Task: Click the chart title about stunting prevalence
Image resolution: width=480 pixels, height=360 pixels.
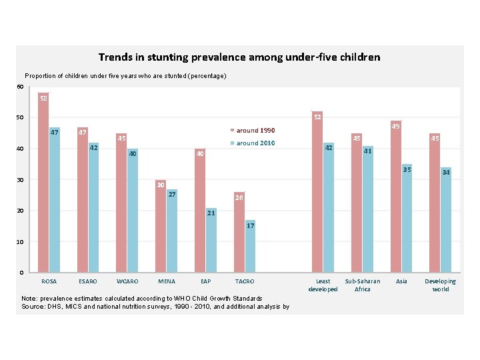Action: pyautogui.click(x=239, y=57)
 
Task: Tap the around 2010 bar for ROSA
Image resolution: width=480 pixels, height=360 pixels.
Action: pyautogui.click(x=55, y=199)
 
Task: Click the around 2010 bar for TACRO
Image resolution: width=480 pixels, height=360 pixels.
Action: pyautogui.click(x=250, y=246)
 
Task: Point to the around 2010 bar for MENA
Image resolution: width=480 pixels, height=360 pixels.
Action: pyautogui.click(x=172, y=231)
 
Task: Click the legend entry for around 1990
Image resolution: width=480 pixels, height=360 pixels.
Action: pyautogui.click(x=253, y=131)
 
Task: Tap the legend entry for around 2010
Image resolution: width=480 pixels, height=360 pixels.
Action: pyautogui.click(x=253, y=143)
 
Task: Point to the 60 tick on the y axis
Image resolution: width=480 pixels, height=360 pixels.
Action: pyautogui.click(x=20, y=87)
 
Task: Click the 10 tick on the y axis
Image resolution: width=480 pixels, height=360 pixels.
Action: pyautogui.click(x=20, y=241)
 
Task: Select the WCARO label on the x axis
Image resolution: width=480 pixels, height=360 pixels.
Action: pyautogui.click(x=127, y=281)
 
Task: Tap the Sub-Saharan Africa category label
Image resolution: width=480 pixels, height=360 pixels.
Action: pyautogui.click(x=363, y=285)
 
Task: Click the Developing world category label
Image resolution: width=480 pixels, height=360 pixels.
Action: pyautogui.click(x=441, y=285)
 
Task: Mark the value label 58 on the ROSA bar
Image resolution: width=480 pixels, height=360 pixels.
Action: pyautogui.click(x=43, y=99)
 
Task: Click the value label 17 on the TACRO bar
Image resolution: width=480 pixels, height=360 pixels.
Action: pyautogui.click(x=250, y=226)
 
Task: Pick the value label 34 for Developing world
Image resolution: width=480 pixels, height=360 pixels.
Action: pyautogui.click(x=446, y=173)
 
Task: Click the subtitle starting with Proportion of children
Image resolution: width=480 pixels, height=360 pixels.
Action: pyautogui.click(x=125, y=76)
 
